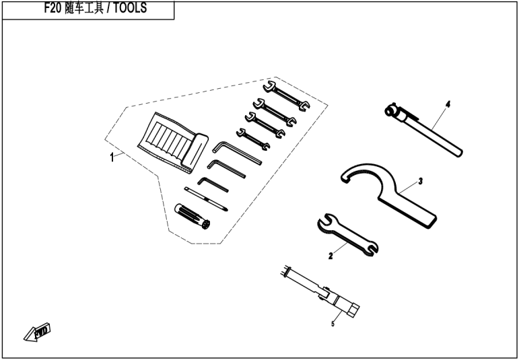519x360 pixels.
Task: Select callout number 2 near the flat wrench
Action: click(331, 256)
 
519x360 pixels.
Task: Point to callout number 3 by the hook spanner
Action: click(419, 181)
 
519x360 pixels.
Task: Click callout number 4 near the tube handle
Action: click(447, 104)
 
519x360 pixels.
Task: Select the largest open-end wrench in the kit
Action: click(286, 96)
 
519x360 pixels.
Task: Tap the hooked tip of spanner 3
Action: click(344, 176)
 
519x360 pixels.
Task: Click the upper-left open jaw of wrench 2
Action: click(324, 223)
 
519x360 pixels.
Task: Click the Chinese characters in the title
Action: click(81, 9)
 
